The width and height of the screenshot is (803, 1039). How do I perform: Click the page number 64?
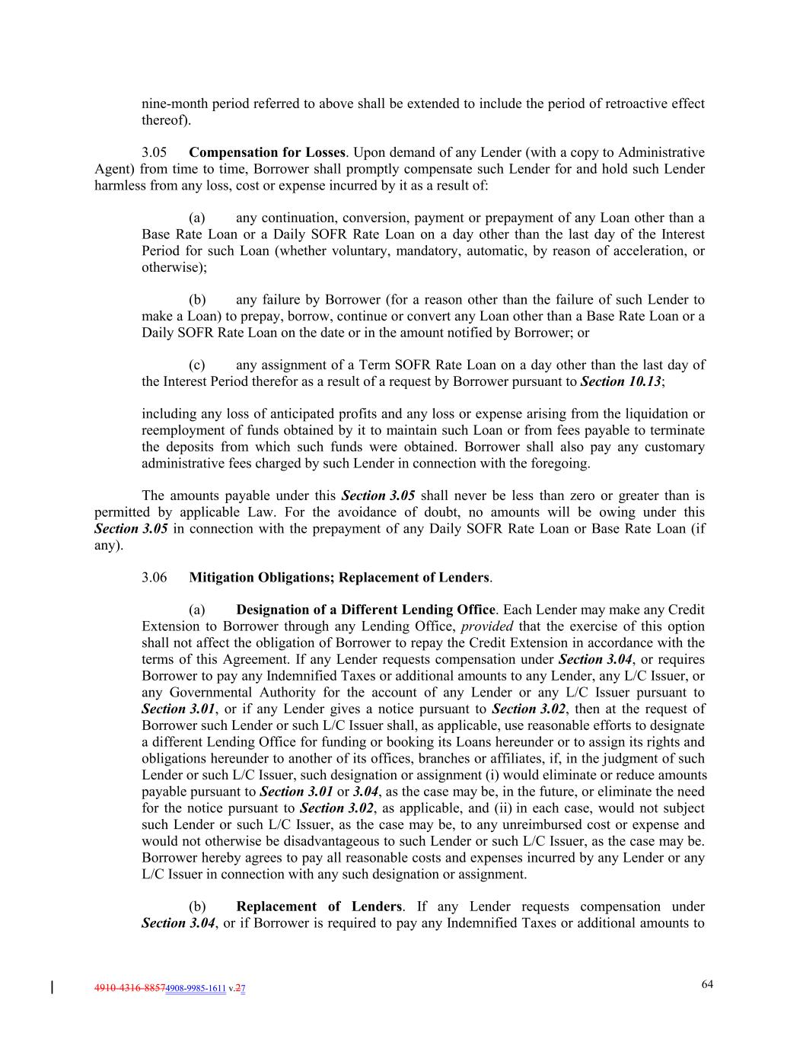pos(707,984)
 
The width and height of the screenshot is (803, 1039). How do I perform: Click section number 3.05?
pos(154,152)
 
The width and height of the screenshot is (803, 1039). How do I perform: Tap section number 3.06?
pos(154,577)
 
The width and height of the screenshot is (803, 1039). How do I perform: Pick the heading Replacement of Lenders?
pos(319,907)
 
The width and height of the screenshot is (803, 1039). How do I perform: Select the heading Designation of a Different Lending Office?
pos(365,610)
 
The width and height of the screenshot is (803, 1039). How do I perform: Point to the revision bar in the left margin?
pos(51,988)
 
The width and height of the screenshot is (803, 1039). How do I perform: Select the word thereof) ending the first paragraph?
pos(166,120)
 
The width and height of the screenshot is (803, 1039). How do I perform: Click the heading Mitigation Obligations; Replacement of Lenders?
pos(339,577)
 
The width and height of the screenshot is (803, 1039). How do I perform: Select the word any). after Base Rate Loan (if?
pos(107,545)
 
